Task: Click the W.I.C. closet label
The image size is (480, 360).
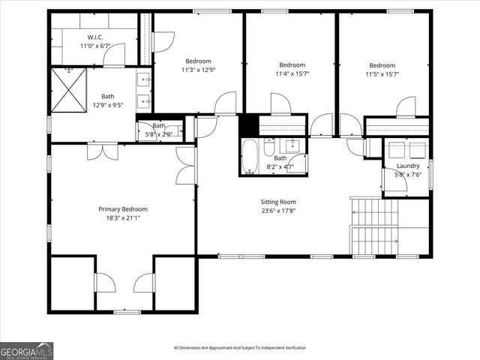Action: (94, 37)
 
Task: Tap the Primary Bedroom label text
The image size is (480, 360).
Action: (123, 209)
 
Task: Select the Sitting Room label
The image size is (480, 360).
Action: (278, 202)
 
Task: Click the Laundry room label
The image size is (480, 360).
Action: (408, 166)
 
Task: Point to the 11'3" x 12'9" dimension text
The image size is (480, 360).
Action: (199, 70)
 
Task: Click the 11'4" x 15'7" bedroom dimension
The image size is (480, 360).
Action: (292, 74)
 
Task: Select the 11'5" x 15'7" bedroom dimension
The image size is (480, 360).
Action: (381, 74)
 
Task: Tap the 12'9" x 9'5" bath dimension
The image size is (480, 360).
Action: (109, 105)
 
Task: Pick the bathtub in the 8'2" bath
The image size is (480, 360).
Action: (250, 157)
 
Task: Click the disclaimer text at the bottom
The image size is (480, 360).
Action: (240, 347)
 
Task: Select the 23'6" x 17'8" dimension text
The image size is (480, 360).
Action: (278, 211)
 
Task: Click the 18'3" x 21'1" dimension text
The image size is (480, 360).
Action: (123, 218)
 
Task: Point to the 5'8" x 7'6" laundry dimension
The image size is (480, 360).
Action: (408, 175)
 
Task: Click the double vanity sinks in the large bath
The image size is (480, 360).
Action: (144, 88)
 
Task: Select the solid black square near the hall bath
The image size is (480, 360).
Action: (249, 125)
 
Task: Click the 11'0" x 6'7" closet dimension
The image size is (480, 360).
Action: (94, 46)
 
